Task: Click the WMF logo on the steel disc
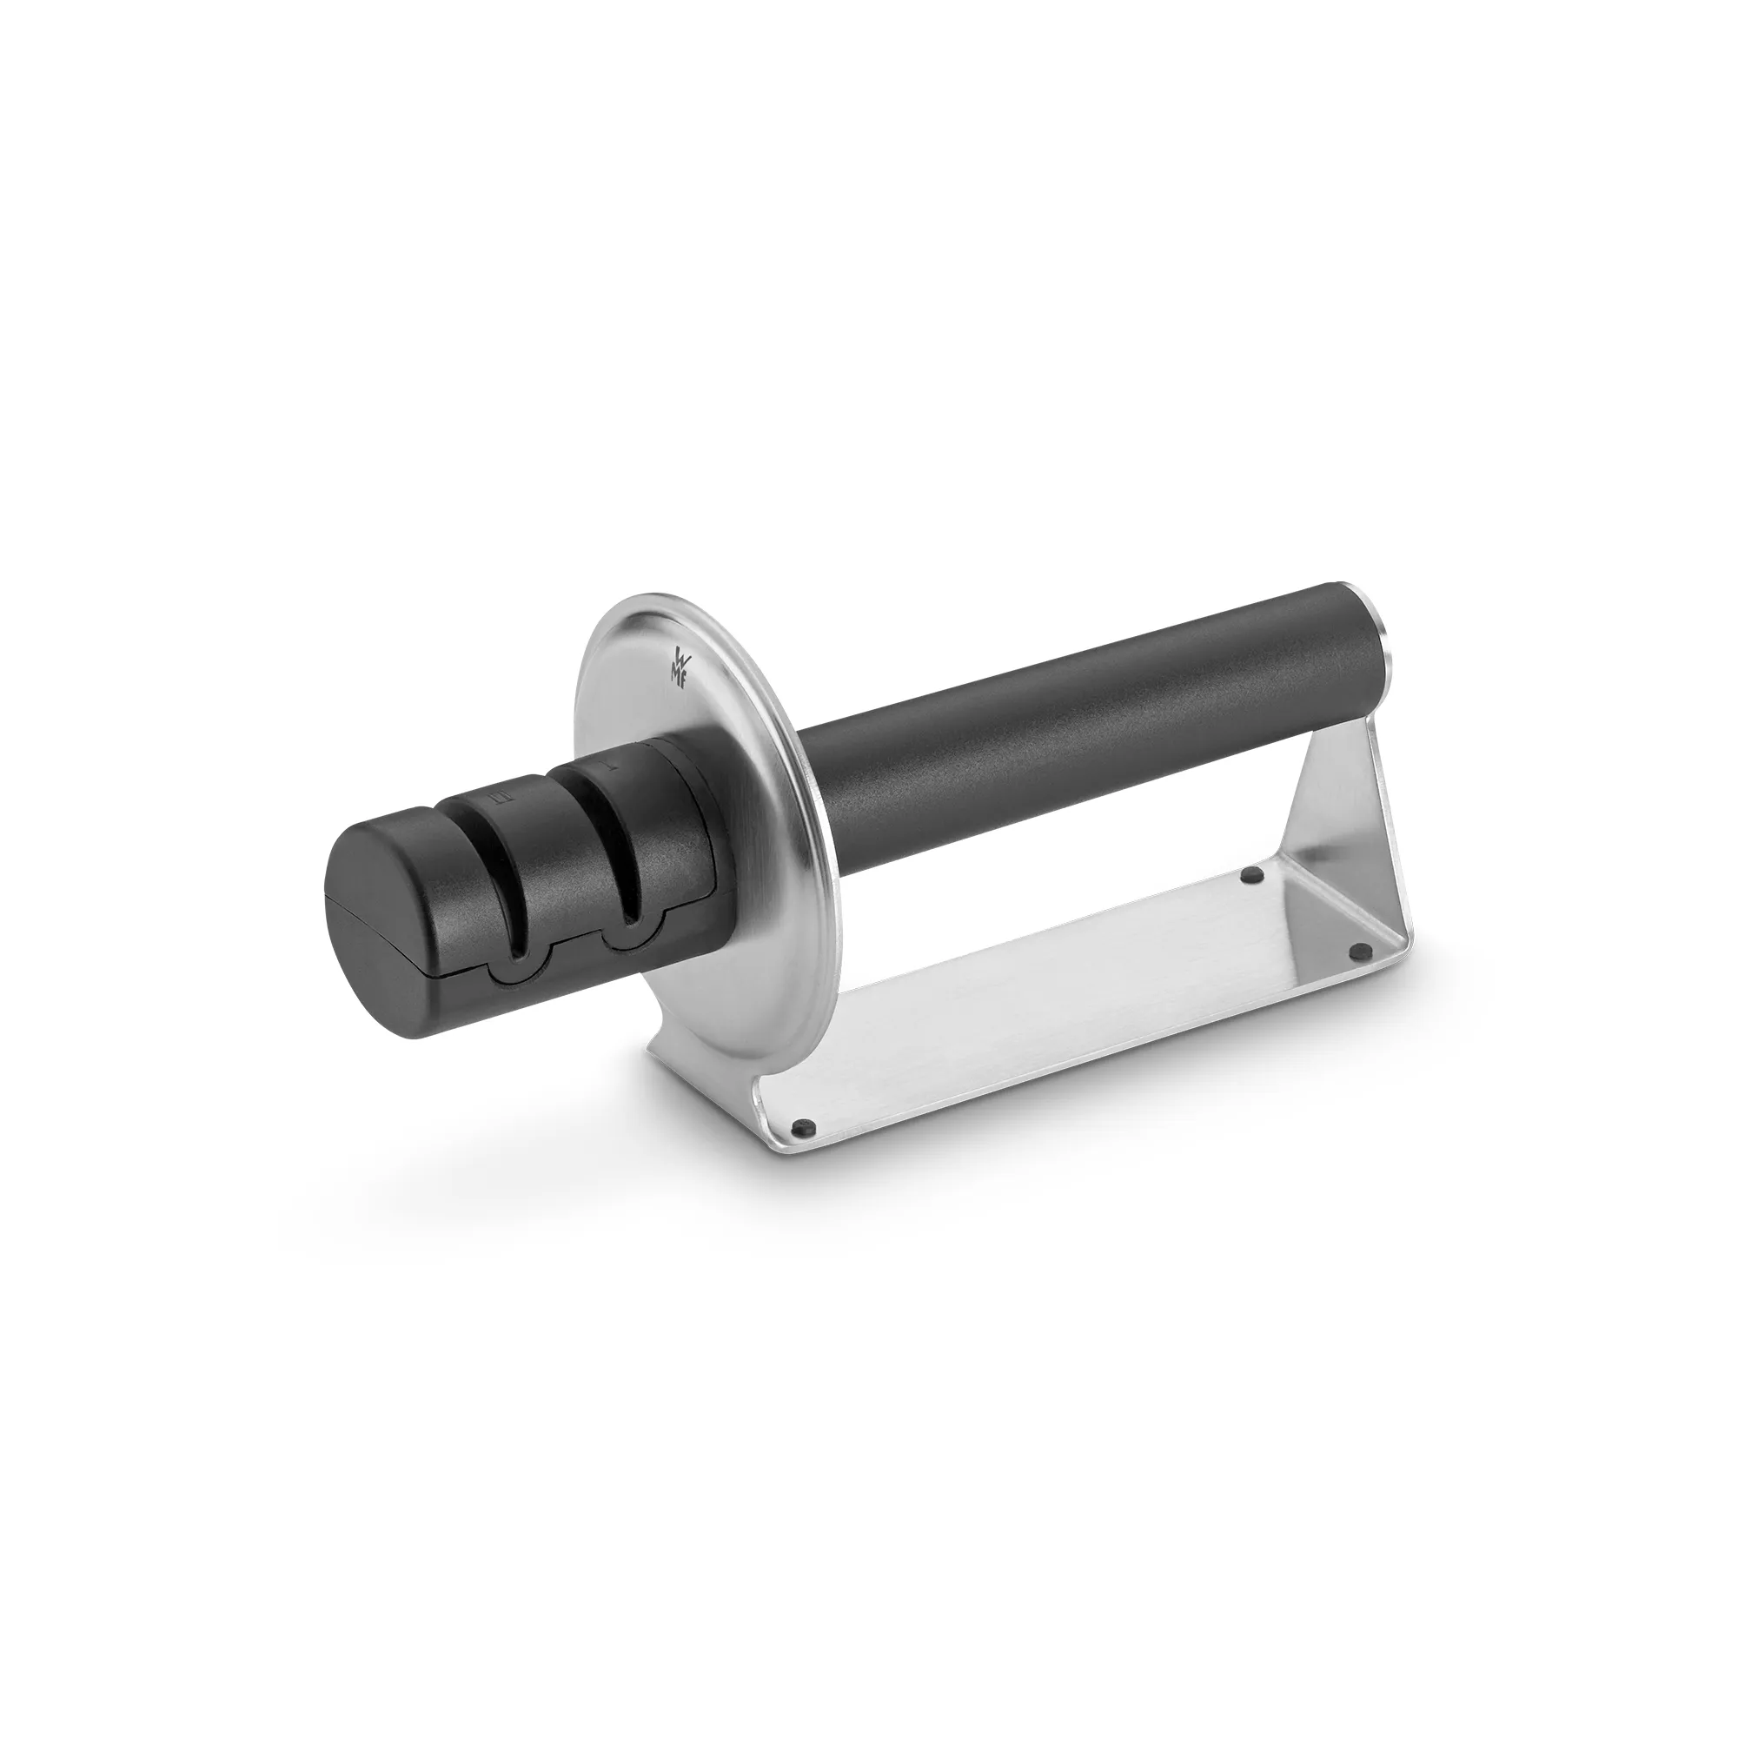(x=679, y=666)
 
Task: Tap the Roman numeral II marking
(x=504, y=797)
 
